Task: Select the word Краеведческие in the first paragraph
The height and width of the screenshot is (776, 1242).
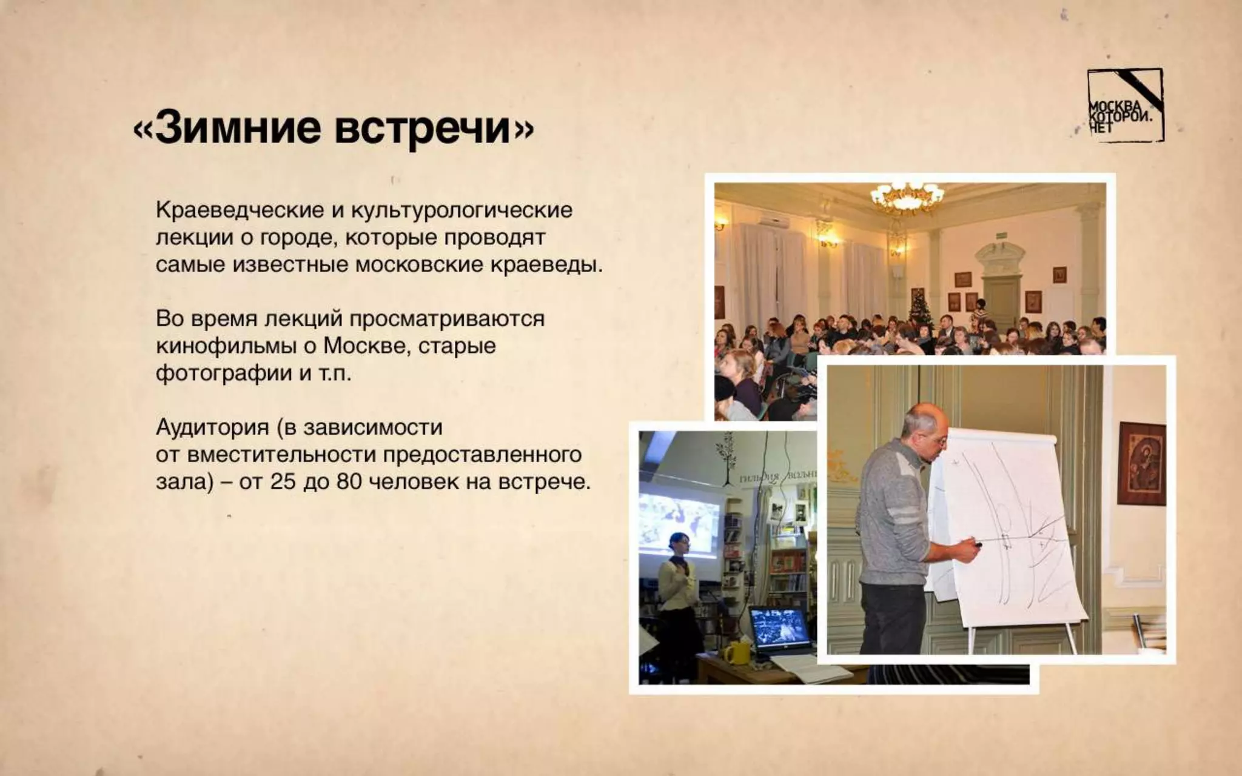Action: click(240, 210)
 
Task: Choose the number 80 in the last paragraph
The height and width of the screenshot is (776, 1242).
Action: click(349, 482)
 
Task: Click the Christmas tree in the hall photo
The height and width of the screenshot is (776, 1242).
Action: click(918, 306)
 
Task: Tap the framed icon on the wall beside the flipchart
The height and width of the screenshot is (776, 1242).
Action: click(1141, 464)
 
